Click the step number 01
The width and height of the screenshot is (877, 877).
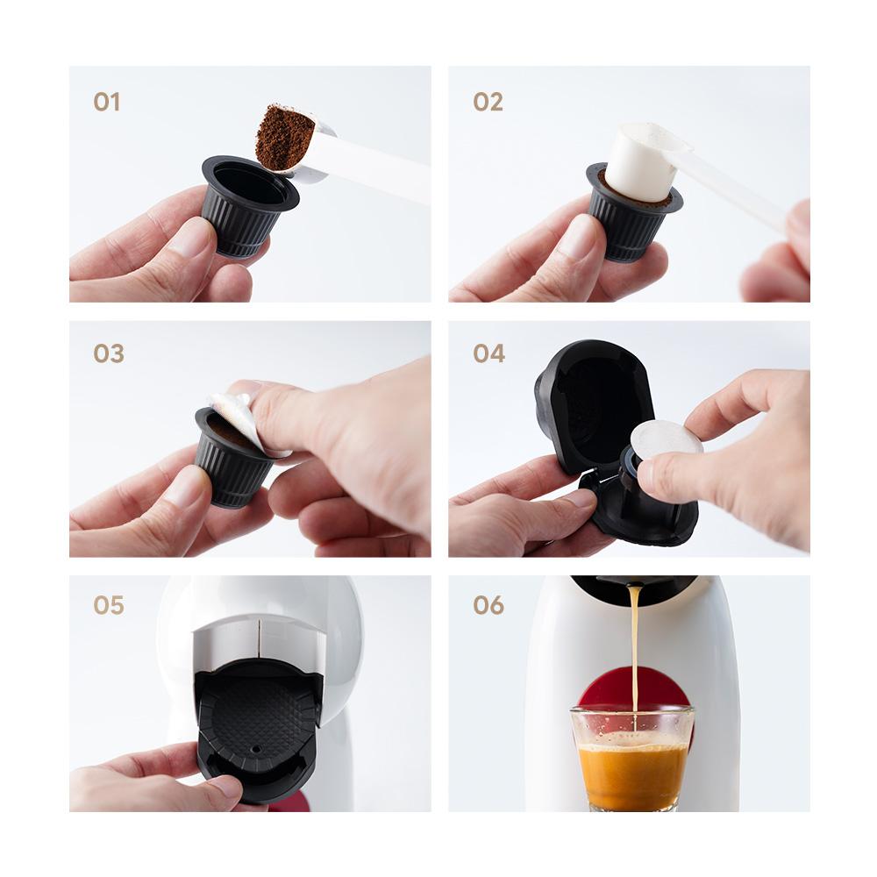106,103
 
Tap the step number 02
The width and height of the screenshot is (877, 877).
488,103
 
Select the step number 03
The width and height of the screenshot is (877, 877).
109,354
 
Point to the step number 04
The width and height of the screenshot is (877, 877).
488,354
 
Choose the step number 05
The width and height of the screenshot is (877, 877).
109,605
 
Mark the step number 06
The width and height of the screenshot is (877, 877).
488,605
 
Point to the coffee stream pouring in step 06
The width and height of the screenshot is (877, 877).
633,649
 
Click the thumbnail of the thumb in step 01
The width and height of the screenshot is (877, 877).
188,237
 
